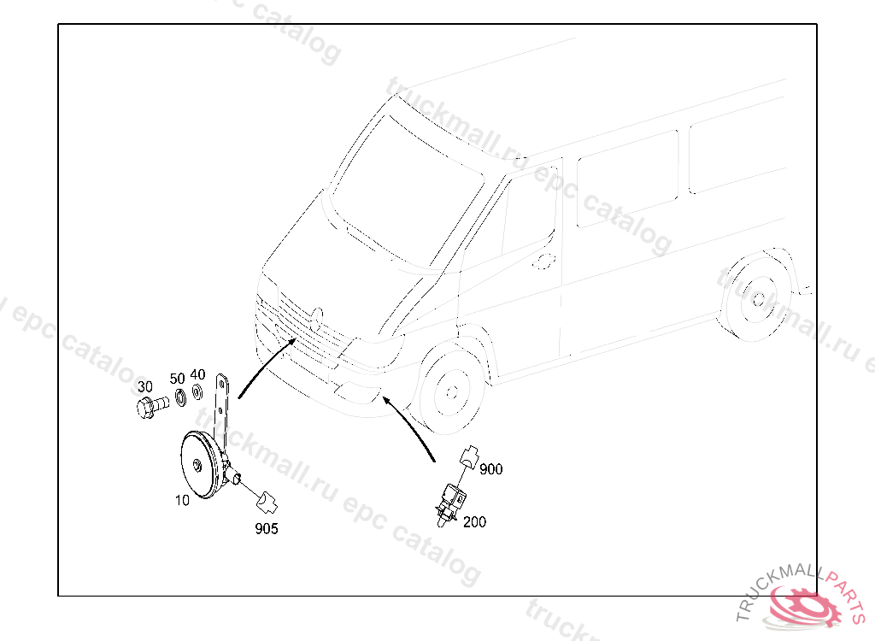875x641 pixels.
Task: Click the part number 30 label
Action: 144,387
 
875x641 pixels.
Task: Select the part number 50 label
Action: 177,378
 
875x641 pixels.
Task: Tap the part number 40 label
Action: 197,374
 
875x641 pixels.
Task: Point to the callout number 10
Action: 182,501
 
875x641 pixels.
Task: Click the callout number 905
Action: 266,529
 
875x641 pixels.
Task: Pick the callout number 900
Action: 491,469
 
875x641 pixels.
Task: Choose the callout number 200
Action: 474,521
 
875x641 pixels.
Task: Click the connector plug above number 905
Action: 267,498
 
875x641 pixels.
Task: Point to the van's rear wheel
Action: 757,300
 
